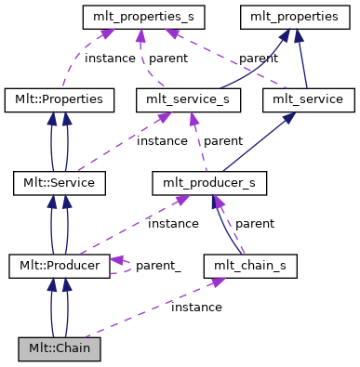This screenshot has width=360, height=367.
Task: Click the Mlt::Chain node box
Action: tap(60, 349)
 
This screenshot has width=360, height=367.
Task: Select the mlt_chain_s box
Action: tap(243, 266)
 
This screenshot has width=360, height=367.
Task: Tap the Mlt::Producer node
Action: tap(60, 266)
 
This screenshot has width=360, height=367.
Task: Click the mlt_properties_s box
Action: tap(144, 16)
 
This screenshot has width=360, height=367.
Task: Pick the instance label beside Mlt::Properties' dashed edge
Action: tap(110, 58)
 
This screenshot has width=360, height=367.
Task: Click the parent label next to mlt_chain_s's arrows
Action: tap(254, 224)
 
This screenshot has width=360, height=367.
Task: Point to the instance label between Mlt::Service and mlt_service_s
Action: tap(162, 140)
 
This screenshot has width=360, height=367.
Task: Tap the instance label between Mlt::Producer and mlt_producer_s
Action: tap(173, 224)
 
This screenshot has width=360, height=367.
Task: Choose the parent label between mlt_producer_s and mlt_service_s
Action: tap(223, 140)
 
